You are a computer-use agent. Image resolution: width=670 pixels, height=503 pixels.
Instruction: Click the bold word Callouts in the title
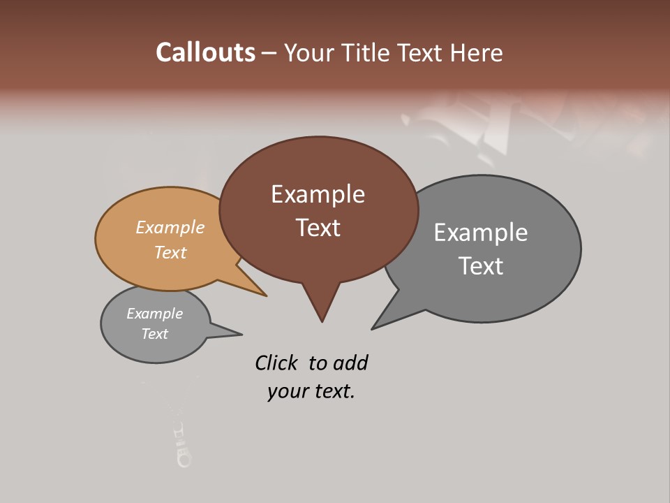(x=205, y=52)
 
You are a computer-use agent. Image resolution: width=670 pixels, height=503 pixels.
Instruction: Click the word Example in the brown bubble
(x=318, y=194)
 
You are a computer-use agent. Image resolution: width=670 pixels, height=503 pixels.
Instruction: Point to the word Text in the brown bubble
(x=318, y=228)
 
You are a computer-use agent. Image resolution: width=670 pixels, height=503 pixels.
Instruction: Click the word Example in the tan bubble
(x=170, y=227)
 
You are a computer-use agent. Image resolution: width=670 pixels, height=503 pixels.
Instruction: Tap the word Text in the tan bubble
(x=170, y=252)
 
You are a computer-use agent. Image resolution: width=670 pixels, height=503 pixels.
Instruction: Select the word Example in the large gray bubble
(x=481, y=233)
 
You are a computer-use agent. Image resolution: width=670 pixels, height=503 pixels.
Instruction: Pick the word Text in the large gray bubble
(x=481, y=266)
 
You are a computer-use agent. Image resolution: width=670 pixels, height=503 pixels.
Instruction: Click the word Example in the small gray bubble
(x=154, y=314)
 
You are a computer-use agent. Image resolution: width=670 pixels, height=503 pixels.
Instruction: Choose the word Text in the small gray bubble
(x=154, y=334)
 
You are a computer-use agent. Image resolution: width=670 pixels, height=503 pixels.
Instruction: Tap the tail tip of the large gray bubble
(x=373, y=328)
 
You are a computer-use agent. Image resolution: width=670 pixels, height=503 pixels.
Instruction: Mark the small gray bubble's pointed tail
(x=240, y=334)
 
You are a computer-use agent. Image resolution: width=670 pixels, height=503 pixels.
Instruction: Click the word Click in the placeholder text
(x=276, y=363)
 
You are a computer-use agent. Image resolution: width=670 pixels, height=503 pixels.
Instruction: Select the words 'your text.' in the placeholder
(x=311, y=392)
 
